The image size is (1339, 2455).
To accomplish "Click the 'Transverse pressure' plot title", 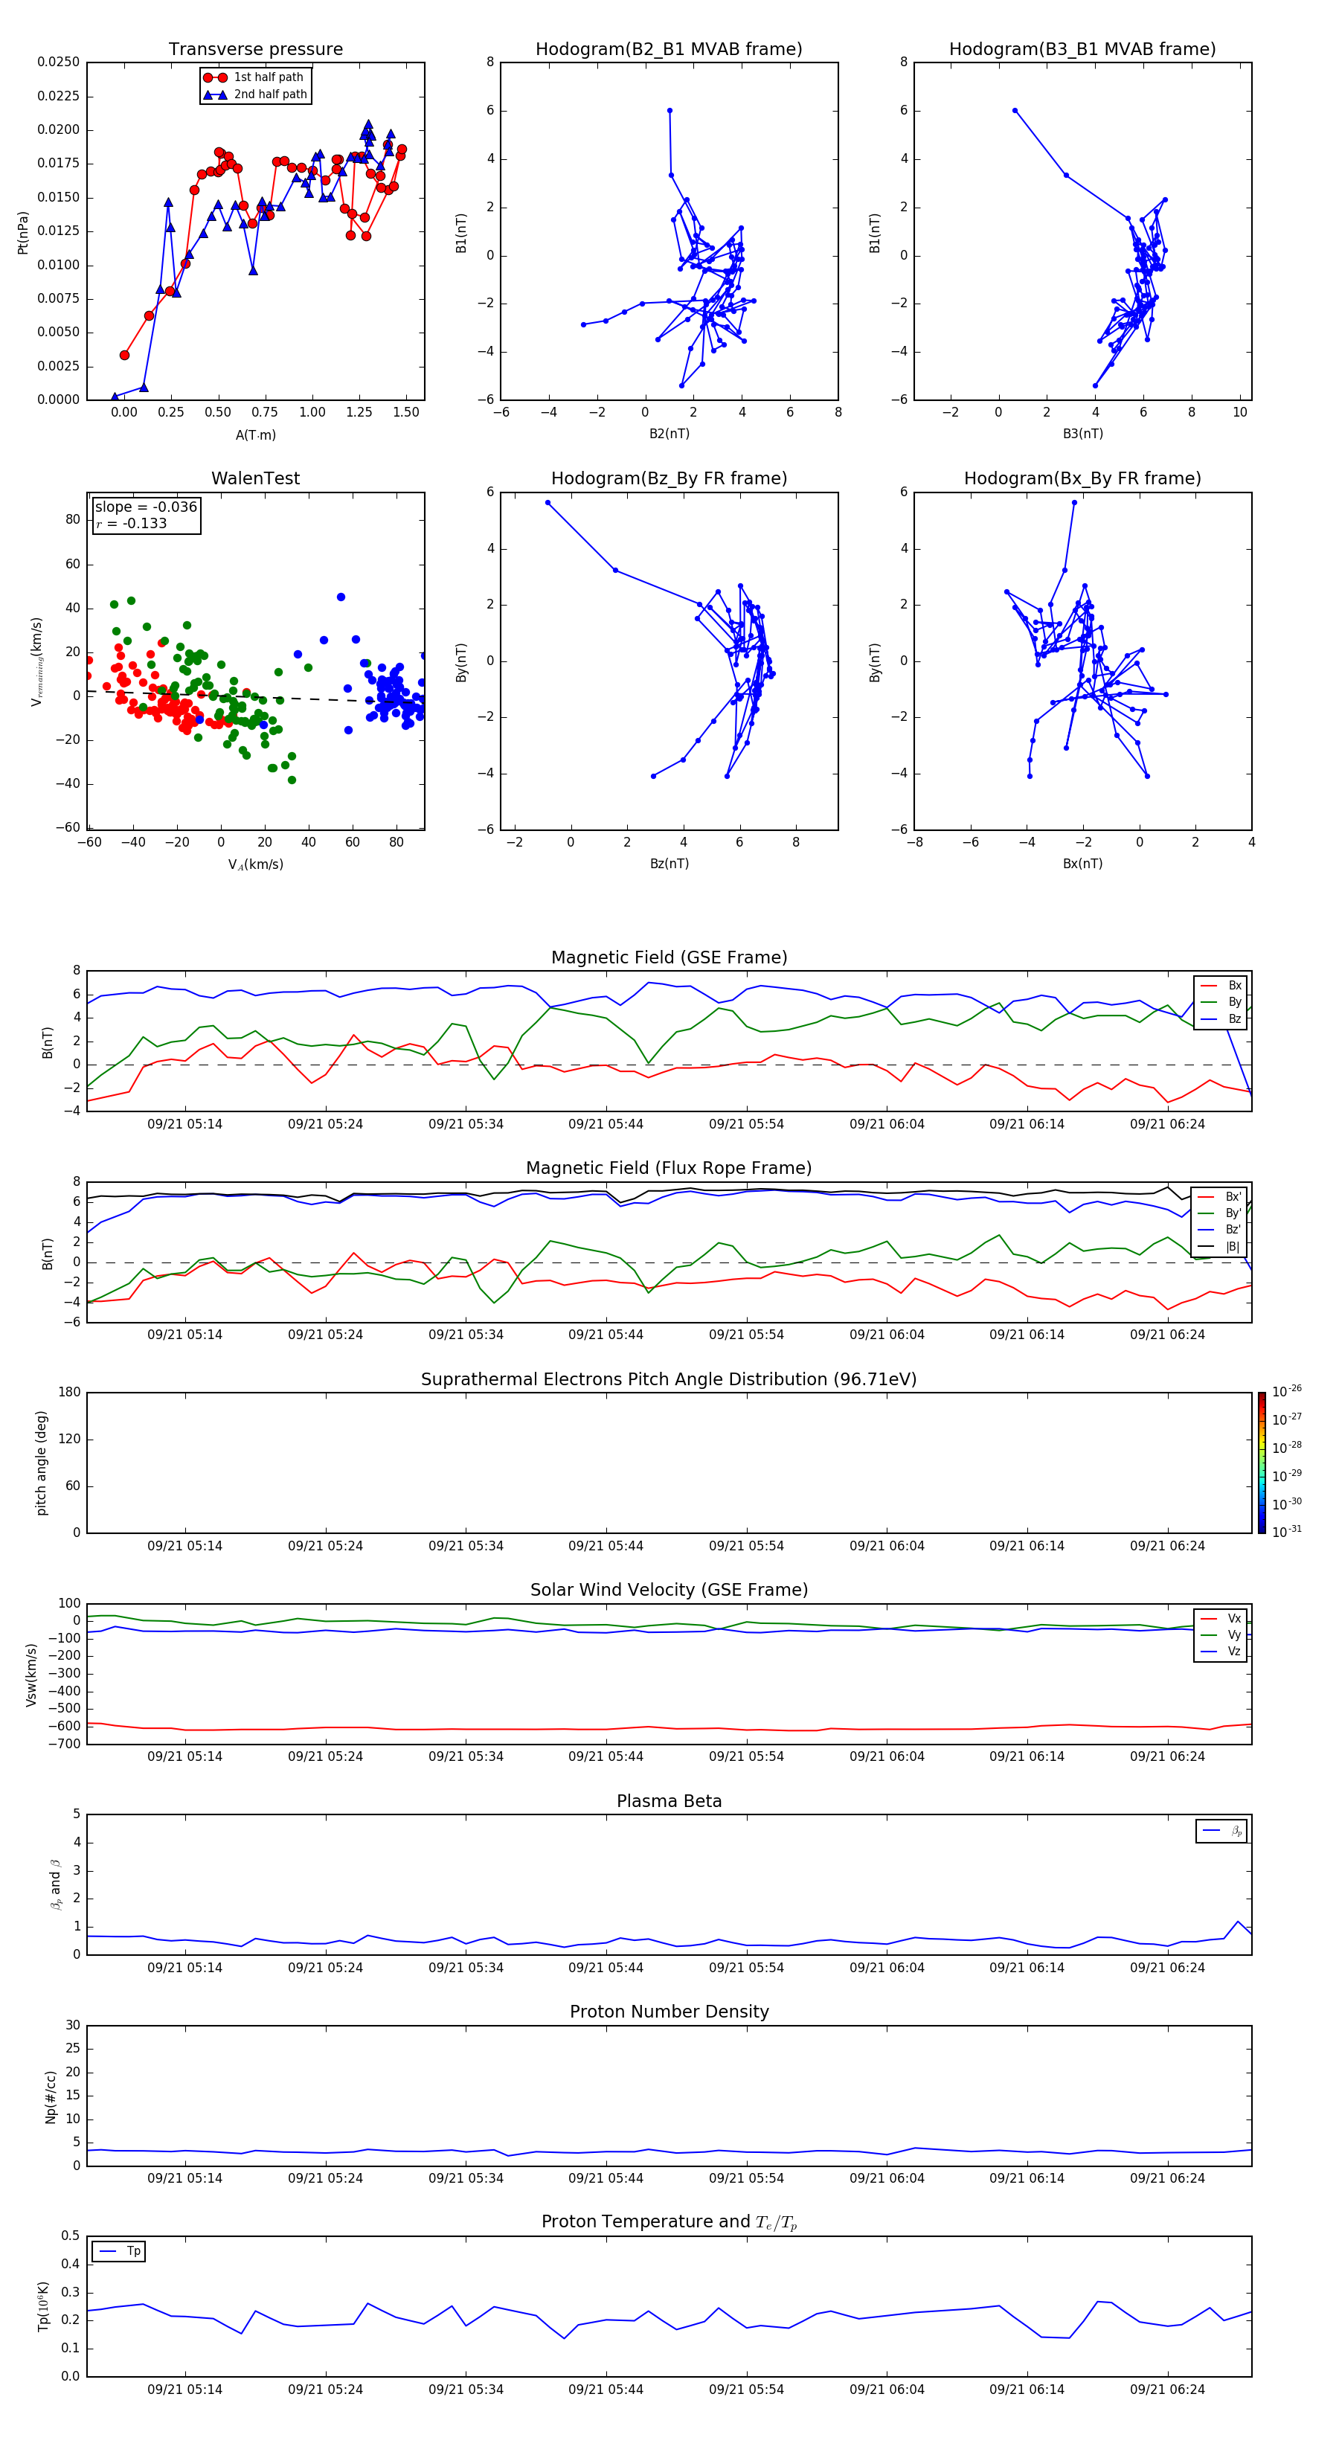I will coord(255,50).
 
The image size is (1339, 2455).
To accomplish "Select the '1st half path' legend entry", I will coord(268,77).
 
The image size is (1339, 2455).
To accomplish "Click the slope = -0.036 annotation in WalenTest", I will coord(146,507).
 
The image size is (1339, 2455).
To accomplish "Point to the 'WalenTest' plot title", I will coord(255,478).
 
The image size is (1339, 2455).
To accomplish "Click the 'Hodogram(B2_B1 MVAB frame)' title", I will coord(668,50).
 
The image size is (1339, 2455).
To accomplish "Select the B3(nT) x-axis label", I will coord(1082,434).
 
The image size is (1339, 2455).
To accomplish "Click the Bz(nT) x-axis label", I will coord(669,864).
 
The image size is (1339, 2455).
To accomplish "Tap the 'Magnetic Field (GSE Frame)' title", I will coord(669,957).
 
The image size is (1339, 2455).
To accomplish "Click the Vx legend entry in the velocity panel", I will coord(1233,1618).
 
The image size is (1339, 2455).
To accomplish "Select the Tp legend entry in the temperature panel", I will coord(133,2251).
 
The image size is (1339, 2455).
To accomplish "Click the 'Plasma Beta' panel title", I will coord(669,1801).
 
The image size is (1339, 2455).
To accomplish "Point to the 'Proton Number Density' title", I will coord(669,2012).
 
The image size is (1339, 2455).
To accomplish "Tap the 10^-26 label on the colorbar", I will coord(1285,1391).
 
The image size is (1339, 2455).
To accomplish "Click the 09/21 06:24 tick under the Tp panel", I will coord(1166,2390).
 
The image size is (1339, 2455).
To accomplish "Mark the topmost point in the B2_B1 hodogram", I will coord(670,111).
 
